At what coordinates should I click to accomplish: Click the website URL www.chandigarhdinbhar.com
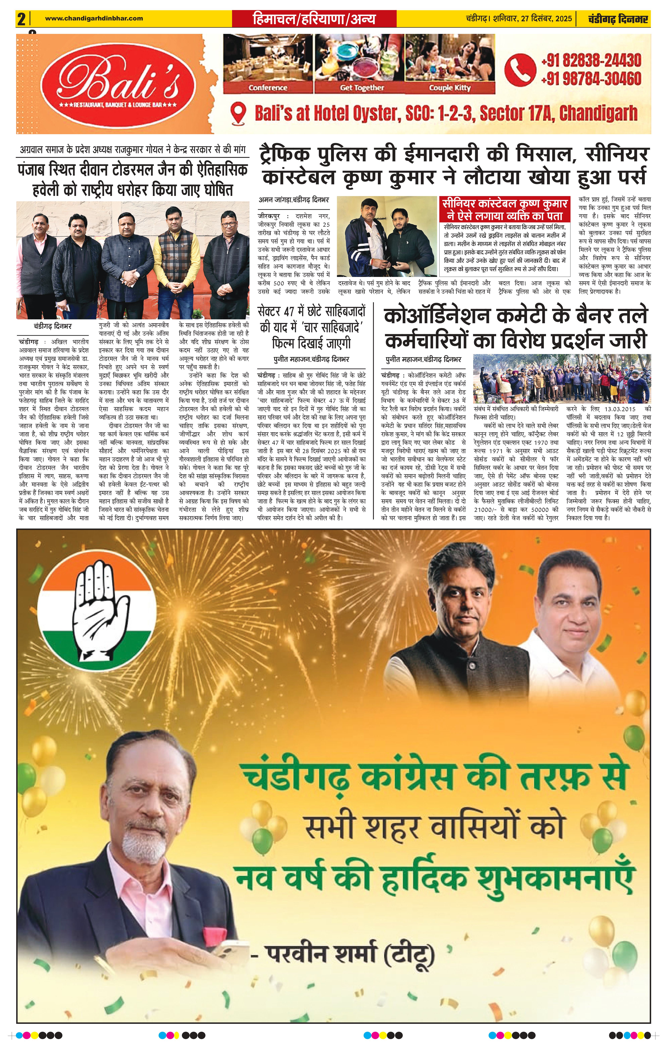coord(94,18)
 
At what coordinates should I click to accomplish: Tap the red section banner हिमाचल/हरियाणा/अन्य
coord(314,19)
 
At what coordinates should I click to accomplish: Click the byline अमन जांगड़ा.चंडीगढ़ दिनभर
coord(294,200)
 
